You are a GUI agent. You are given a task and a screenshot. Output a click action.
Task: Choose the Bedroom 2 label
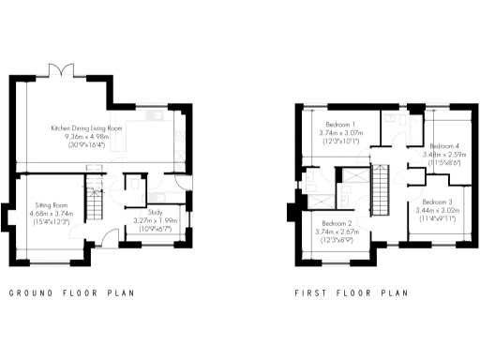pos(333,223)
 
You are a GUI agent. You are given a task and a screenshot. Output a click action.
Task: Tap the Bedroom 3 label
pos(437,202)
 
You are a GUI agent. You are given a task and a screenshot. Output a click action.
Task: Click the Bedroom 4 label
pos(443,146)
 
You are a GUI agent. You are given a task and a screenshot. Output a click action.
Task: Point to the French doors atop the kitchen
pos(62,71)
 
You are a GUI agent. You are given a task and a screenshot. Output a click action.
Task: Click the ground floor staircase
pos(94,199)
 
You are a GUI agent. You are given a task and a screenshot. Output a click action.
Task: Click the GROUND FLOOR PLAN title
pos(71,293)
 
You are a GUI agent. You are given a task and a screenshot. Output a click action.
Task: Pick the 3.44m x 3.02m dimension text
pos(437,211)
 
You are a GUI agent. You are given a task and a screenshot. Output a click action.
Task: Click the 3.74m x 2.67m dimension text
pos(333,232)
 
